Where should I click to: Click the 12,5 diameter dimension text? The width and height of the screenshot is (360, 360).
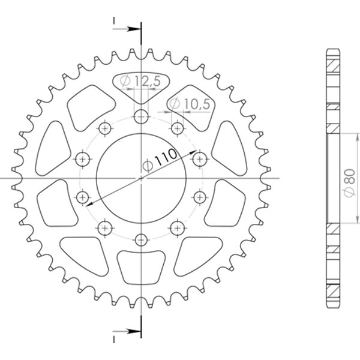click(x=147, y=80)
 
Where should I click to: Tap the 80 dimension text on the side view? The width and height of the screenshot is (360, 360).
click(x=348, y=178)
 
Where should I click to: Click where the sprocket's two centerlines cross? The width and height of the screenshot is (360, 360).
click(x=141, y=178)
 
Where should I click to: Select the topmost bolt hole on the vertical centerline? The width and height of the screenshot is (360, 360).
click(x=141, y=116)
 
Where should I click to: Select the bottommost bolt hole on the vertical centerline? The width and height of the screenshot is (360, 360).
click(x=141, y=240)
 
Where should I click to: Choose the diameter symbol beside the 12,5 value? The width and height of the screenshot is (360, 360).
click(x=126, y=80)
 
